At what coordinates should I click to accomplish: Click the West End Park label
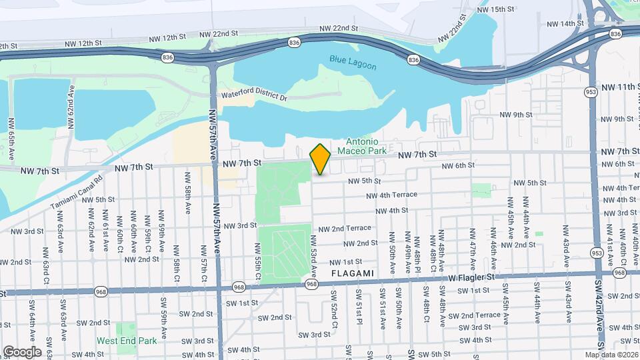[127, 341]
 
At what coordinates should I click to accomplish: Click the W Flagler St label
[473, 276]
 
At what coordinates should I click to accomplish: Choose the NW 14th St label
[565, 24]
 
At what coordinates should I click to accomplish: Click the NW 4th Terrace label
[391, 195]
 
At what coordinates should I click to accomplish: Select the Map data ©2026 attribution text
[611, 354]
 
